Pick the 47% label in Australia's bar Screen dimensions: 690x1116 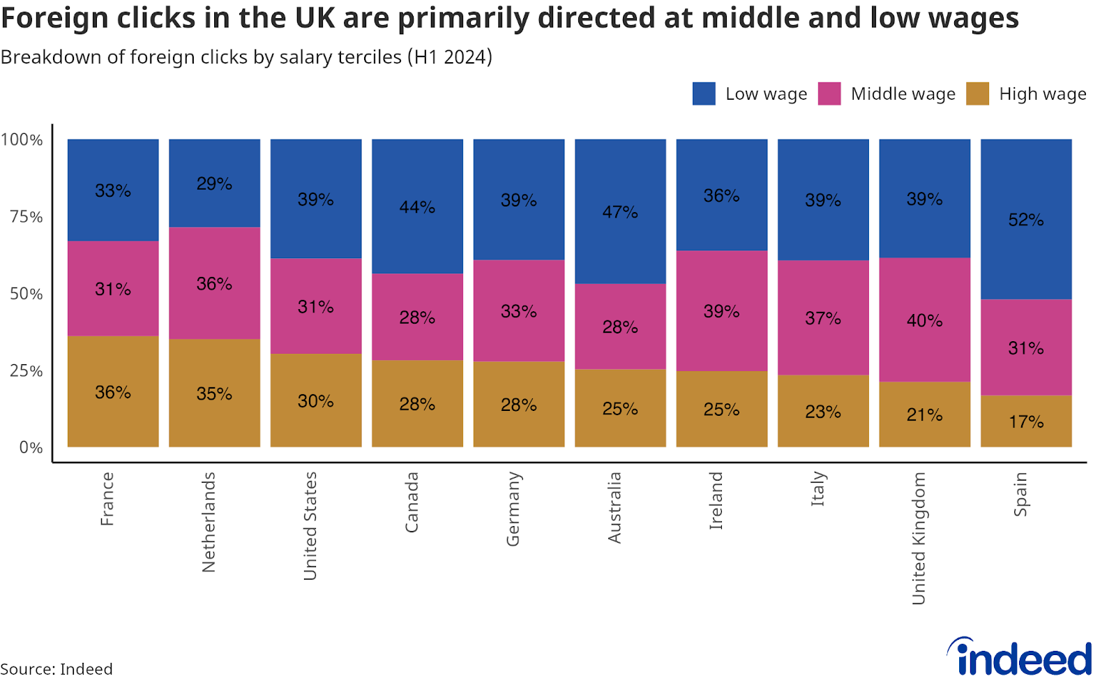[620, 211]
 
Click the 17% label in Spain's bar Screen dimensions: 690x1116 [1026, 421]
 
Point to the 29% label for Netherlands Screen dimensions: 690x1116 [214, 183]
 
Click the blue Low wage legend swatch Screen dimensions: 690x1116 [704, 93]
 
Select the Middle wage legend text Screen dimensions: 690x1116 [903, 93]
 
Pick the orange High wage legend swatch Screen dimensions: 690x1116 [977, 93]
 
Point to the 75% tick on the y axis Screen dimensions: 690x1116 [27, 216]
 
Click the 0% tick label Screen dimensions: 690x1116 [31, 447]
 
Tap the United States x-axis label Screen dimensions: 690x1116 [310, 525]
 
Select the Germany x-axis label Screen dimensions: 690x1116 [513, 509]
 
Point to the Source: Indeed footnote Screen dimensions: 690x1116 [56, 669]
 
